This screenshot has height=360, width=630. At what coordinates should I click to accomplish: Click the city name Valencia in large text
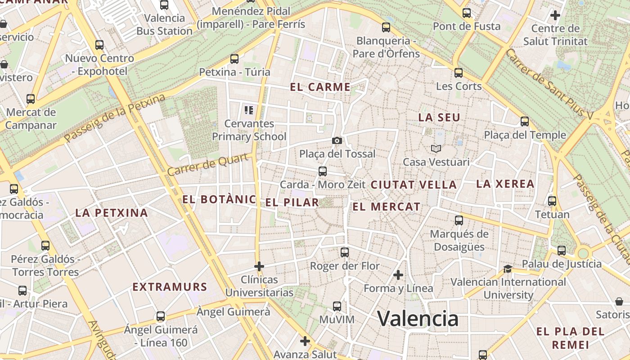(x=418, y=319)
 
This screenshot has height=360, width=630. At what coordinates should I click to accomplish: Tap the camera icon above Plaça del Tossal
(x=337, y=141)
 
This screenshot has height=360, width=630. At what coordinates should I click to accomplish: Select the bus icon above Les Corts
(x=459, y=72)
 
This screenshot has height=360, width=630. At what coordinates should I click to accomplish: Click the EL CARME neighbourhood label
(x=320, y=87)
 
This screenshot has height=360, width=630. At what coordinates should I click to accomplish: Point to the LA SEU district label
(x=439, y=118)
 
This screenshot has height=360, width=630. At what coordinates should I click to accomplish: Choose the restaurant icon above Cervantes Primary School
(x=248, y=110)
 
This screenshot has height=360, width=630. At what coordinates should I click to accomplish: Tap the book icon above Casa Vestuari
(x=436, y=148)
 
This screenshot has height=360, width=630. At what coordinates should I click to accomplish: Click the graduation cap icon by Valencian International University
(x=508, y=269)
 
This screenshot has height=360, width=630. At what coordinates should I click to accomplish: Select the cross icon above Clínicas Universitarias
(x=259, y=266)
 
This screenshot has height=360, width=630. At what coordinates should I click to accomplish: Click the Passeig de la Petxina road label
(x=115, y=118)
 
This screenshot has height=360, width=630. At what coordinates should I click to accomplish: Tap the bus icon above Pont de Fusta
(x=467, y=13)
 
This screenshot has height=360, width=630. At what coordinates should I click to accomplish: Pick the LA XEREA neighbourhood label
(x=505, y=184)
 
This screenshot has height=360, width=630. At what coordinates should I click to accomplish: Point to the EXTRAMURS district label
(x=170, y=287)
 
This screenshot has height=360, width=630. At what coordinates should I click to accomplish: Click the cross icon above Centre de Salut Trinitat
(x=555, y=15)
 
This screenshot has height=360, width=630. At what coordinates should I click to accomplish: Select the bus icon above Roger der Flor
(x=345, y=252)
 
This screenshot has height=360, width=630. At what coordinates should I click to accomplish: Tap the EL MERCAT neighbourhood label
(x=387, y=207)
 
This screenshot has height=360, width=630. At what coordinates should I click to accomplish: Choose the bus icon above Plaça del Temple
(x=525, y=121)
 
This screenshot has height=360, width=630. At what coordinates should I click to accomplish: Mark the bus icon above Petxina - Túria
(x=234, y=59)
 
